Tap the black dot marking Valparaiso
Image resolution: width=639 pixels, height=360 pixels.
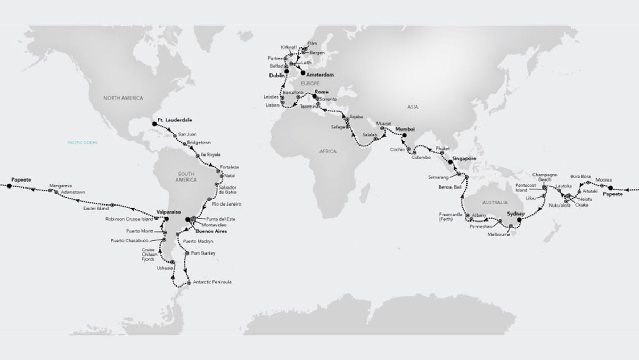tap(166, 218)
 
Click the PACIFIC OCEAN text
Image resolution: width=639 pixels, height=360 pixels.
tap(80, 143)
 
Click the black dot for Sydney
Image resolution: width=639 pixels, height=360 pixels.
tap(519, 219)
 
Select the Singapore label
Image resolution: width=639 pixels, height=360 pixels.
tap(464, 160)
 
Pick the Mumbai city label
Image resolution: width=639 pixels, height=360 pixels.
tap(406, 129)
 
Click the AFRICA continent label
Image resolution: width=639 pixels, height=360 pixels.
tap(329, 152)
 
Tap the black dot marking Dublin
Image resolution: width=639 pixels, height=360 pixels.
tap(286, 71)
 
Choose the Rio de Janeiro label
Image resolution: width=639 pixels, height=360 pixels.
tap(226, 204)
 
